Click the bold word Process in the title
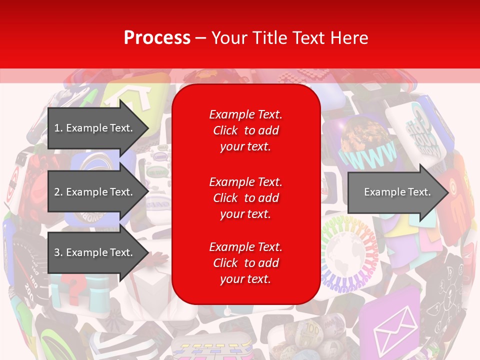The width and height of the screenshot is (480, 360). (157, 37)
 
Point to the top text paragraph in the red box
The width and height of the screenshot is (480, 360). (245, 130)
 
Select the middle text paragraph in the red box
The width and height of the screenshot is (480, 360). (245, 198)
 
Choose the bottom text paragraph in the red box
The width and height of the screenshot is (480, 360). (245, 263)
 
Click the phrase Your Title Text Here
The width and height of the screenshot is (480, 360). (289, 37)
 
